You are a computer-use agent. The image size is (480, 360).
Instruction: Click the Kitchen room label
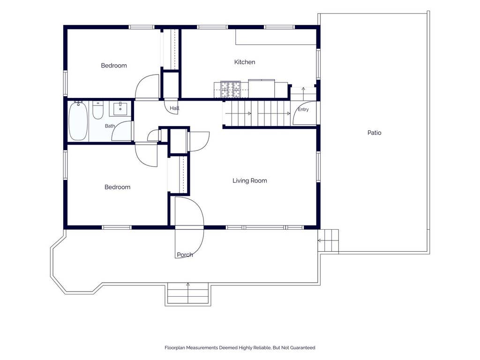pos(245,62)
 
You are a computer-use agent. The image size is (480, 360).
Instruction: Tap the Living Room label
pos(249,180)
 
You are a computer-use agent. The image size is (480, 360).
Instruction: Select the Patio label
pos(374,133)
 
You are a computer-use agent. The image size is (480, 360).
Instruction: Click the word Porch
pos(185,255)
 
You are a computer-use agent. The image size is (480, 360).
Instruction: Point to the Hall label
pos(174,108)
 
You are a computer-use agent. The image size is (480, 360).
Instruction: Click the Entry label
pos(303,109)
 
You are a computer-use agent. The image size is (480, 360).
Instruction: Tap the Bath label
pos(110,126)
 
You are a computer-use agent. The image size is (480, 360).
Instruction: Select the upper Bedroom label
pos(113,66)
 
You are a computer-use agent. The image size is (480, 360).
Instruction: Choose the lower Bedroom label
pos(117,187)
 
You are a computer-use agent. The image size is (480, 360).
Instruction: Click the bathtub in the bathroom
pos(78,121)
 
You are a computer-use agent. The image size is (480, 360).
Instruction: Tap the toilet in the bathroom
pos(98,110)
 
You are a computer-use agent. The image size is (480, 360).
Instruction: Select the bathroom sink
pos(120,109)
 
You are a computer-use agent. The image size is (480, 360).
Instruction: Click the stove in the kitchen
pos(231,90)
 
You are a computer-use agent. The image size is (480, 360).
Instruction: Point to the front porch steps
pos(187,294)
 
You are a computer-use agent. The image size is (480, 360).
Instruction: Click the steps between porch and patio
pos(328,240)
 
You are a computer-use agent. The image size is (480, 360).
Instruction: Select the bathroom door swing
pos(121,131)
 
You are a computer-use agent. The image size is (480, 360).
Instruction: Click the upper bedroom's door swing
pos(147,87)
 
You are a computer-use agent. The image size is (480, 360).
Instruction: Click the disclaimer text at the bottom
pos(240,348)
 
